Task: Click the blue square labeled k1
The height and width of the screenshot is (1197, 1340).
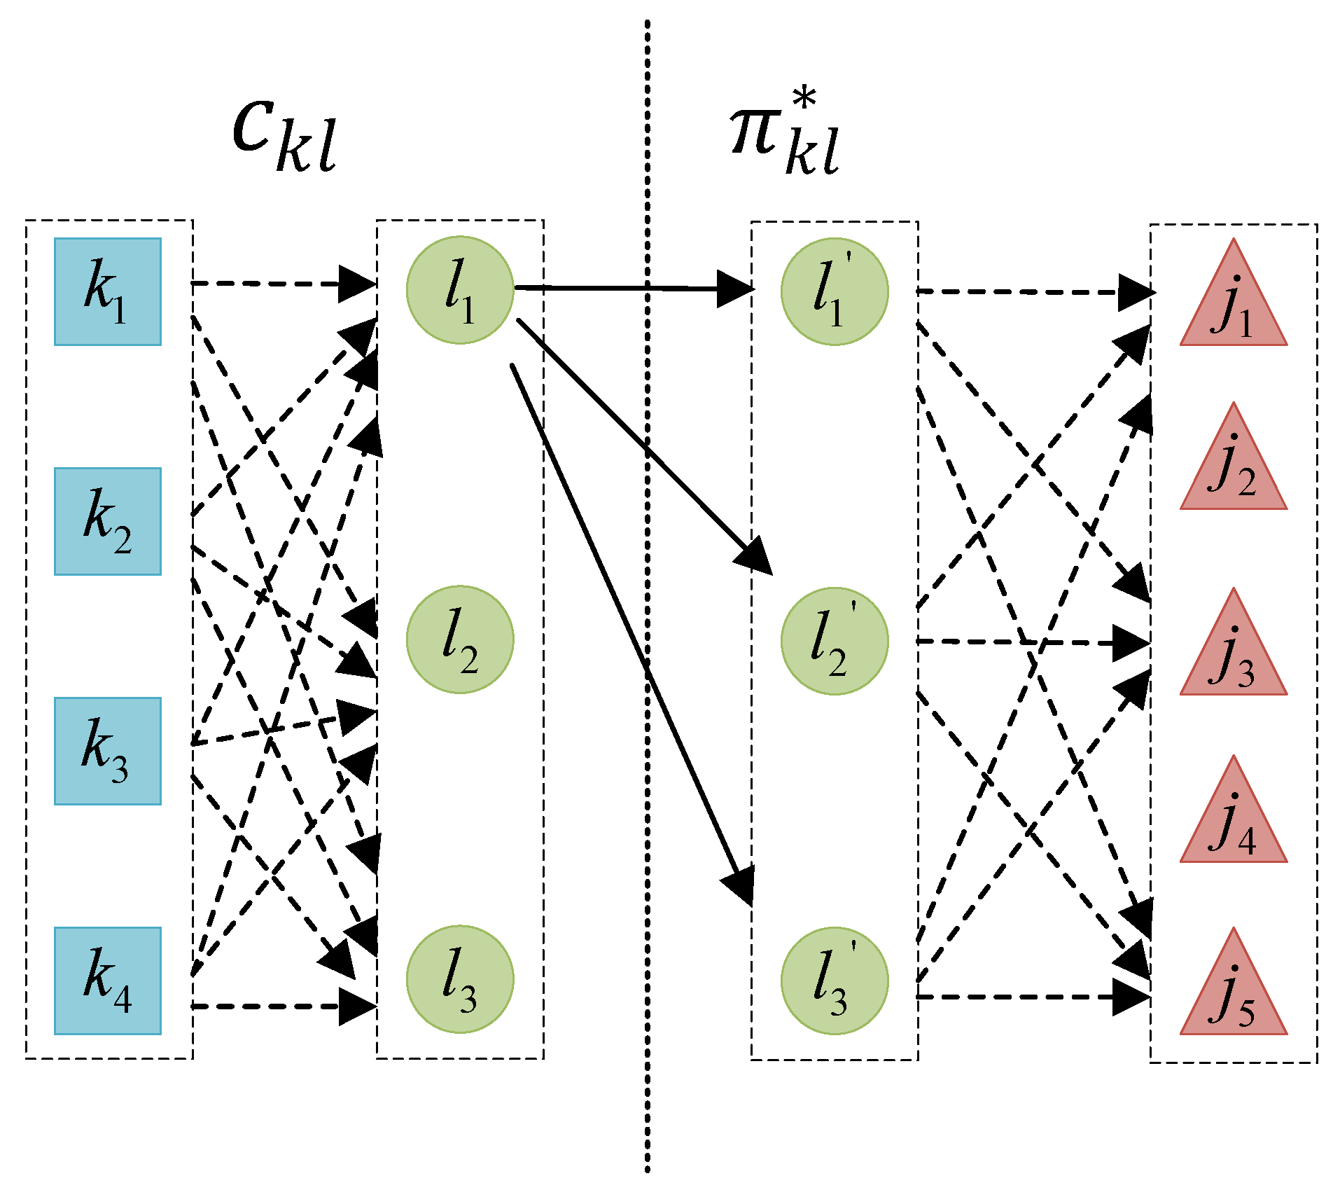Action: point(108,291)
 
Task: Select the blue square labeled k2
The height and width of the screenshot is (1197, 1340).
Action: point(108,521)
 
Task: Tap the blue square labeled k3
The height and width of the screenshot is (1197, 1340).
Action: point(108,751)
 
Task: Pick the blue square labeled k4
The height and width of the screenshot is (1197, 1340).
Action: point(108,981)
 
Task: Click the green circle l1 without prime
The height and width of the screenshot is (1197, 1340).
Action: point(460,290)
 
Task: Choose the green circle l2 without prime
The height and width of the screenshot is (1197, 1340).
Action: point(460,639)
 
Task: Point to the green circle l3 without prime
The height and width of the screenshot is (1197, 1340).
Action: point(460,979)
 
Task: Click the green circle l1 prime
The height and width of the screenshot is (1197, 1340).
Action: point(835,291)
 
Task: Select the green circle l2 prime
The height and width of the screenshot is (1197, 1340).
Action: point(835,641)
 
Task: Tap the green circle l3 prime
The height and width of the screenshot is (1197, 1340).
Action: point(835,981)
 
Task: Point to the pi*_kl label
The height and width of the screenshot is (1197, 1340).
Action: point(784,137)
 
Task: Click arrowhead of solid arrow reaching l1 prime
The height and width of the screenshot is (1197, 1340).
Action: point(735,289)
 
